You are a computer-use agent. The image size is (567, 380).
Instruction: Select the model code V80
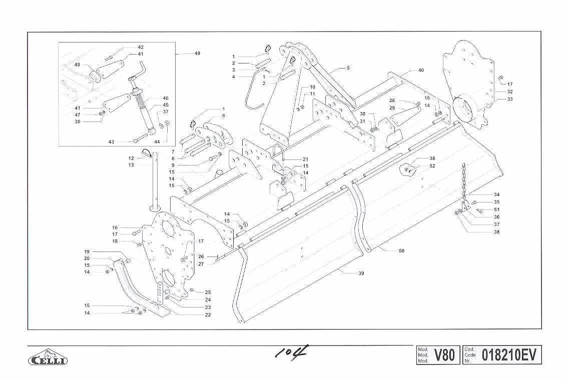pyautogui.click(x=444, y=355)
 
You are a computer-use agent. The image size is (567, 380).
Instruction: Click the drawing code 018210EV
pyautogui.click(x=509, y=355)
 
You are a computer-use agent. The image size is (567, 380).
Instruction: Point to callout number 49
pyautogui.click(x=197, y=53)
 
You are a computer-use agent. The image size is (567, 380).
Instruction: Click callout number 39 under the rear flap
pyautogui.click(x=361, y=273)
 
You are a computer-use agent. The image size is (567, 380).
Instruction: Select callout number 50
pyautogui.click(x=401, y=251)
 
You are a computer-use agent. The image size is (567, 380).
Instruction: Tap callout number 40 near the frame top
pyautogui.click(x=421, y=70)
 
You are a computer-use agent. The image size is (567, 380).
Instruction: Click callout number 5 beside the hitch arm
pyautogui.click(x=348, y=67)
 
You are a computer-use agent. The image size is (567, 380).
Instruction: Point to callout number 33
pyautogui.click(x=510, y=99)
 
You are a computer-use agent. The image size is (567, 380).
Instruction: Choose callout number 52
pyautogui.click(x=432, y=165)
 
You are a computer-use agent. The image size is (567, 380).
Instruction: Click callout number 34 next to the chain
pyautogui.click(x=496, y=194)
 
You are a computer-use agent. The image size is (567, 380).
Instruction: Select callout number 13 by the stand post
pyautogui.click(x=131, y=165)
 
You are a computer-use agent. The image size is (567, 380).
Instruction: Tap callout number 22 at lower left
pyautogui.click(x=208, y=315)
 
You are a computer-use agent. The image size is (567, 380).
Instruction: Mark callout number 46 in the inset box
pyautogui.click(x=166, y=98)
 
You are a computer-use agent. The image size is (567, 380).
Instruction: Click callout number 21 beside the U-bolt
pyautogui.click(x=305, y=159)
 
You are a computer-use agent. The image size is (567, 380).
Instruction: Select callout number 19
pyautogui.click(x=87, y=251)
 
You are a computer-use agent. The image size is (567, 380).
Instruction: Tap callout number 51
pyautogui.click(x=496, y=209)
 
